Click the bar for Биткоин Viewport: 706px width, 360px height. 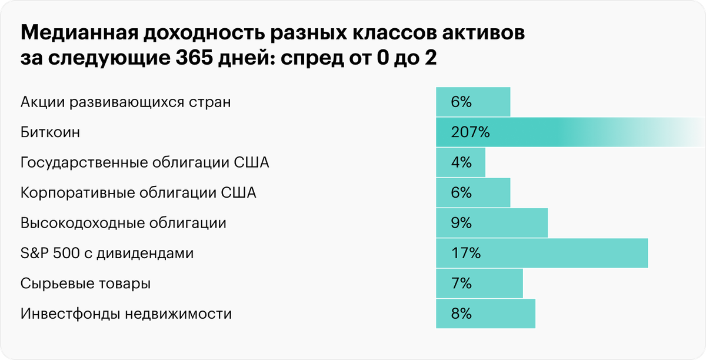click(565, 132)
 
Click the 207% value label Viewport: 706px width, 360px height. click(470, 132)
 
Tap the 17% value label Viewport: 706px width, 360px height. click(466, 254)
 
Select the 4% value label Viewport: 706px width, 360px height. click(461, 162)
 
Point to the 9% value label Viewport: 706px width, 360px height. click(461, 223)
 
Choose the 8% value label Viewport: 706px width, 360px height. click(461, 314)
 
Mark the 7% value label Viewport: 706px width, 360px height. click(461, 284)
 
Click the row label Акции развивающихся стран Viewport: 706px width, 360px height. click(125, 102)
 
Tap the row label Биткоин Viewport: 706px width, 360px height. click(50, 132)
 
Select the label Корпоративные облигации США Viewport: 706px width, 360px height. click(138, 193)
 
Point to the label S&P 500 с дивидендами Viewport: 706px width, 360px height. click(107, 254)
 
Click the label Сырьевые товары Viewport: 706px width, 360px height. click(85, 284)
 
